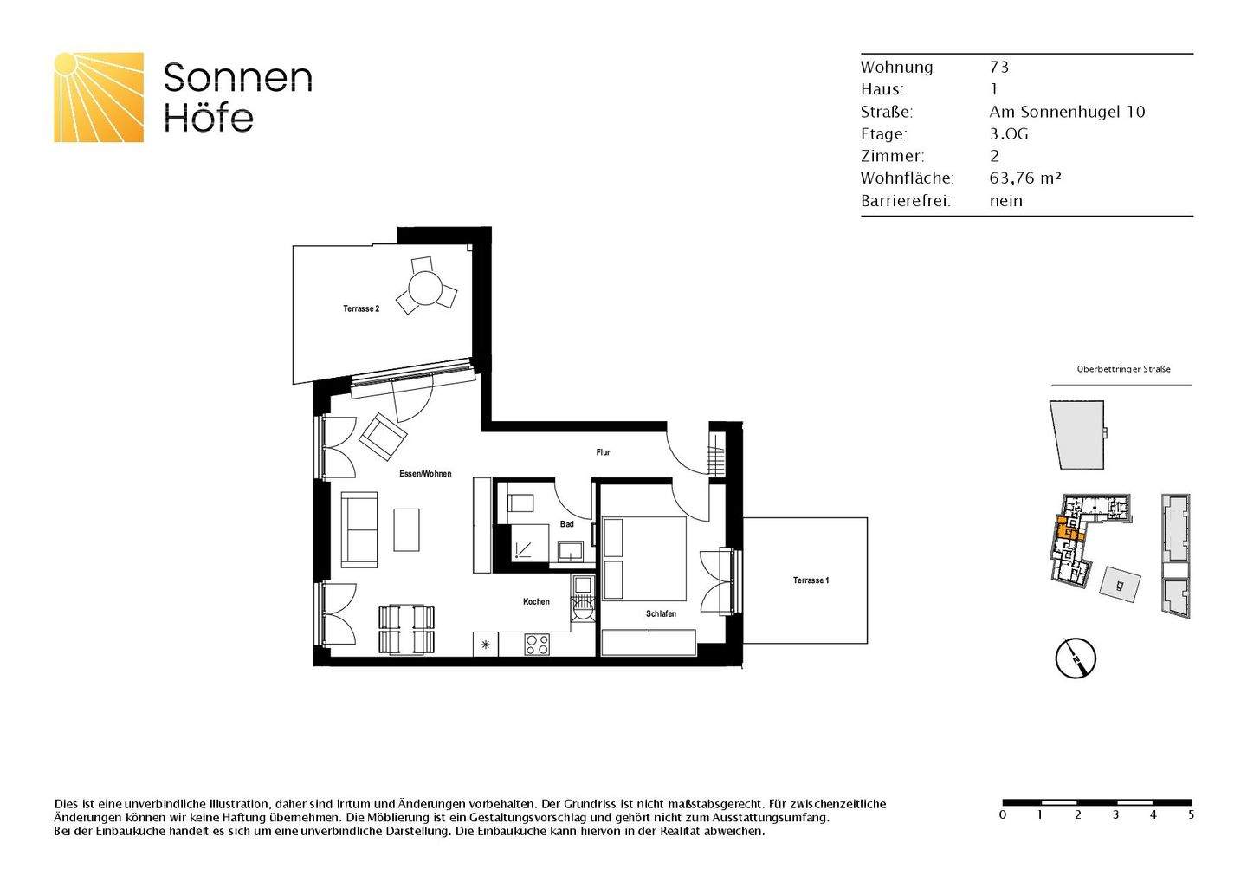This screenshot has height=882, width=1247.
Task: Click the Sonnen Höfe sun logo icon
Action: (x=99, y=97)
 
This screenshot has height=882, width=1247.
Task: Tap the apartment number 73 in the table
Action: (x=999, y=68)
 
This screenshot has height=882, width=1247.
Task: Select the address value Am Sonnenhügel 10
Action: (x=1067, y=112)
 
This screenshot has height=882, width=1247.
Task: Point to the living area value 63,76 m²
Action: (x=1025, y=178)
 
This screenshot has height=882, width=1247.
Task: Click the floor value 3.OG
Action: (x=1009, y=134)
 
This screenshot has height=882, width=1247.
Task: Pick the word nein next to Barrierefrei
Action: (x=1006, y=201)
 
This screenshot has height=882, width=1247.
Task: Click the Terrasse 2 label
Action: (x=361, y=309)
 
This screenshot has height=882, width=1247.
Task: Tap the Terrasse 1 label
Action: (x=811, y=580)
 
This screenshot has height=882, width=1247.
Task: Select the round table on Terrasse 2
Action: (x=426, y=288)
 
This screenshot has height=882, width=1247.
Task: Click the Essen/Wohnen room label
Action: (x=425, y=474)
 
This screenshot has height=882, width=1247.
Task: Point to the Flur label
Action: (x=603, y=452)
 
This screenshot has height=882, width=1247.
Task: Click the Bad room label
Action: (x=566, y=524)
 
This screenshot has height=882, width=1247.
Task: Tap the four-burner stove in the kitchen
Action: (x=537, y=645)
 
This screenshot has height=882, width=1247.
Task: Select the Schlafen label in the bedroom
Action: (x=661, y=614)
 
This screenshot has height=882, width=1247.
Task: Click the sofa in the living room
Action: (x=359, y=529)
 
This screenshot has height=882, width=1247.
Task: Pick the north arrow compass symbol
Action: (x=1076, y=658)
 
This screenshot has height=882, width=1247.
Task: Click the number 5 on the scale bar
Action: (x=1191, y=815)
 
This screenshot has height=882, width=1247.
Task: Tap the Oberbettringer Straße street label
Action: (x=1123, y=369)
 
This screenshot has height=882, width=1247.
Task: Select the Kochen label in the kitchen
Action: (x=536, y=602)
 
